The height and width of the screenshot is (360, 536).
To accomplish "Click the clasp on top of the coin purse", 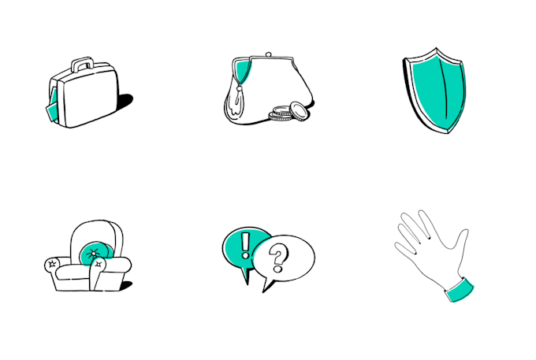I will point(269,54).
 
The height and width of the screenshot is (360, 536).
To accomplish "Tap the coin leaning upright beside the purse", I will point(297,110).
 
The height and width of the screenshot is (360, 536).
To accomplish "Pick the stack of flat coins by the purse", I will point(279,117).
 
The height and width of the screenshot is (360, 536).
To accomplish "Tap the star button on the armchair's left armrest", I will point(52,265).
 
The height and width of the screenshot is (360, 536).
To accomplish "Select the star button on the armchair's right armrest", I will point(99,265).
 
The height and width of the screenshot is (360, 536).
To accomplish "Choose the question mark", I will point(277,256).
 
